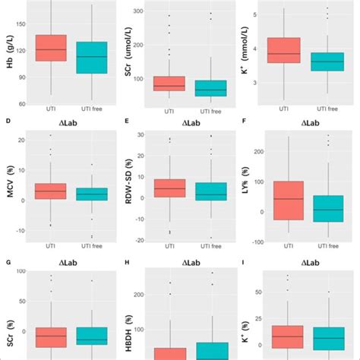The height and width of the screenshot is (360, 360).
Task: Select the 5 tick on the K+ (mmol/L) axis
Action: pos(261,14)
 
